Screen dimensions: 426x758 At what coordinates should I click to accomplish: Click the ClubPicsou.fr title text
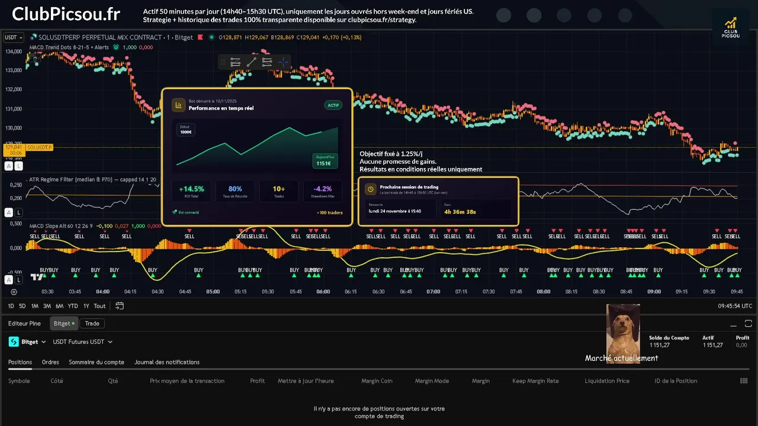click(66, 14)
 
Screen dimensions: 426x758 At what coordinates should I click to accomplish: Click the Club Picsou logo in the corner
click(730, 28)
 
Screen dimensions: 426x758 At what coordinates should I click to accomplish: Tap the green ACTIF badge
click(333, 105)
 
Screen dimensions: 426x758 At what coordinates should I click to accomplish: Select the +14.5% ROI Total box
click(191, 191)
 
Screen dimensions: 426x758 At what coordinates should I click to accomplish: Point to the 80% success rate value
click(235, 189)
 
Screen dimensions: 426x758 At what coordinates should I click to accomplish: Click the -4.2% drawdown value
click(322, 189)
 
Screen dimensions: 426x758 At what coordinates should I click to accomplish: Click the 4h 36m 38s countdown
click(460, 211)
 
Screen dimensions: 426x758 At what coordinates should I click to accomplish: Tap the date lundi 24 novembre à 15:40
click(394, 211)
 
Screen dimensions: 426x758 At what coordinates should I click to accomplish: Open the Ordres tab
click(50, 362)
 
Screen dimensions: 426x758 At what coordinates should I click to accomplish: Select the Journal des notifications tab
click(167, 362)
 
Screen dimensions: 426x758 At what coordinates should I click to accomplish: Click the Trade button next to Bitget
click(92, 324)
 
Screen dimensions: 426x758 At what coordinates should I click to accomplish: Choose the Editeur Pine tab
click(24, 324)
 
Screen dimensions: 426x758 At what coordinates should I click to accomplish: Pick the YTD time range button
click(73, 306)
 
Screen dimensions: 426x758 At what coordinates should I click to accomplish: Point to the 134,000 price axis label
click(13, 51)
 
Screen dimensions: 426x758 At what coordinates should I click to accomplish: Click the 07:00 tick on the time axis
click(433, 292)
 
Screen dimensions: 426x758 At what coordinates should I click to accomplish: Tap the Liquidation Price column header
click(607, 381)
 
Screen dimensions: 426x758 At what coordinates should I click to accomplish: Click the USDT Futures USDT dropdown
click(82, 342)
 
